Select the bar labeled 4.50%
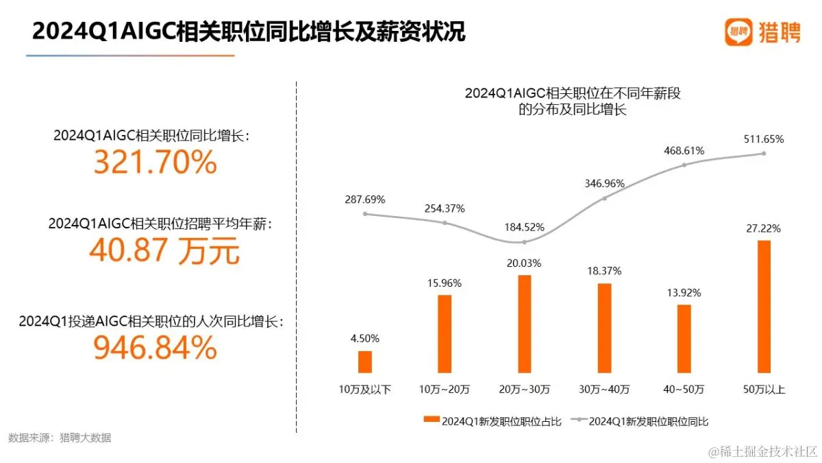coord(365,362)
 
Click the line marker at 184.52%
coord(525,242)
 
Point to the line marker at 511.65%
coord(764,154)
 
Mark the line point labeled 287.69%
coord(365,213)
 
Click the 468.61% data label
coord(684,150)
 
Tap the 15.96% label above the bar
coord(445,283)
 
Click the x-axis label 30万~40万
coord(604,390)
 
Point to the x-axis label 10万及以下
coord(365,390)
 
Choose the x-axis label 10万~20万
coord(445,390)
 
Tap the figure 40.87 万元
coord(164,251)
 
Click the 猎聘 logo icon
coord(739,32)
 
